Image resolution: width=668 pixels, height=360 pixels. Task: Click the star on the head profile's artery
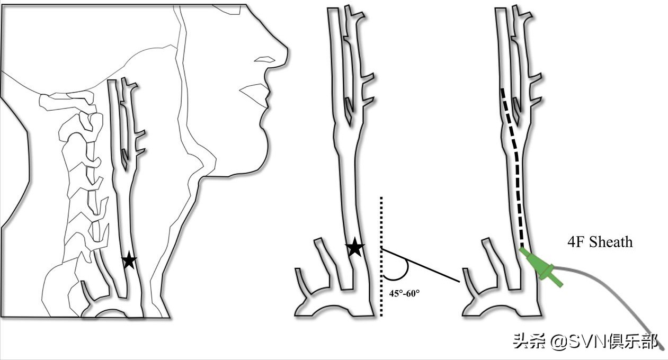[129, 260]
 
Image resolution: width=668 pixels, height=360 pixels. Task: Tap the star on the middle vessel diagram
[354, 247]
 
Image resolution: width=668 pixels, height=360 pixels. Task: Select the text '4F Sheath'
[600, 242]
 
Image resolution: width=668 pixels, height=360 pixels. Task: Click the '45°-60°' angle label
[404, 293]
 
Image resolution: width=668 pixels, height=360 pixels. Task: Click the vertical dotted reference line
[381, 256]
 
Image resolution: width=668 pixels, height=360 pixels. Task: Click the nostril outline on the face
[264, 60]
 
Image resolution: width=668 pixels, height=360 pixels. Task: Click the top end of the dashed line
[502, 89]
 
